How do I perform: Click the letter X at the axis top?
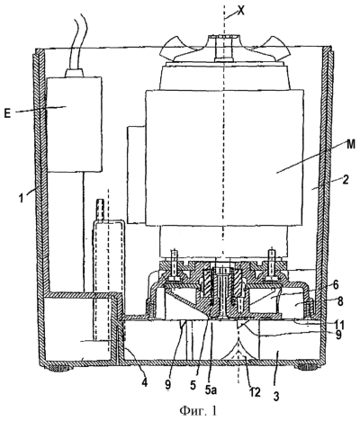click(x=240, y=11)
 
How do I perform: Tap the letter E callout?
click(x=7, y=114)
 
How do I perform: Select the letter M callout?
click(x=350, y=145)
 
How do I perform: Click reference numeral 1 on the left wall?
click(x=21, y=199)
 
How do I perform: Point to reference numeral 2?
click(x=345, y=181)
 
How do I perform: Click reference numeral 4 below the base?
click(x=145, y=382)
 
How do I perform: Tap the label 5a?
click(x=215, y=390)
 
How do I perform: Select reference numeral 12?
click(x=255, y=391)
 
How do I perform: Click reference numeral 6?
click(x=335, y=285)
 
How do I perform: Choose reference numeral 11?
click(x=339, y=325)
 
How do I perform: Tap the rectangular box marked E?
click(x=75, y=124)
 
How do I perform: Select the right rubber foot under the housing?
click(x=308, y=367)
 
